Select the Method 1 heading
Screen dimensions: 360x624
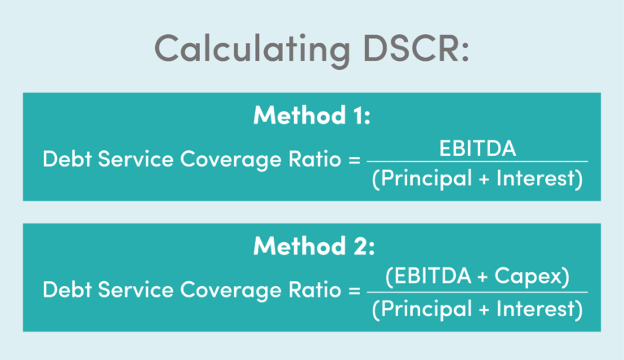click(x=312, y=115)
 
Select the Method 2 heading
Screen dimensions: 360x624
click(x=312, y=245)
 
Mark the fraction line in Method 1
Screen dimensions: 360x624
click(x=477, y=162)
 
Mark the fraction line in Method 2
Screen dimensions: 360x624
click(x=477, y=292)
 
